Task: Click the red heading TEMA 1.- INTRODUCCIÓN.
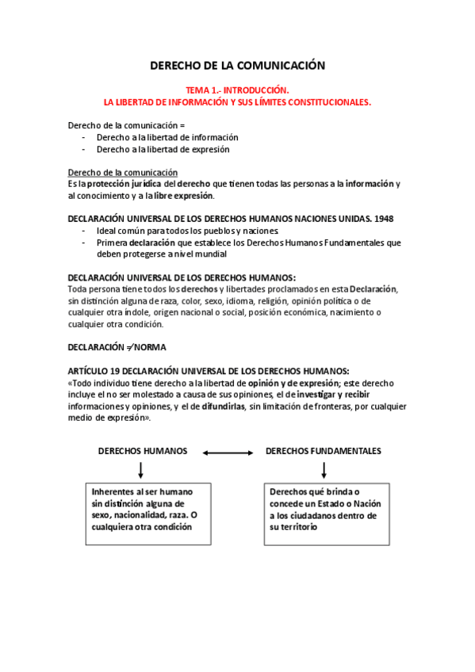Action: click(237, 91)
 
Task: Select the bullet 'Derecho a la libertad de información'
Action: click(167, 137)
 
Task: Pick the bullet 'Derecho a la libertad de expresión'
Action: click(163, 149)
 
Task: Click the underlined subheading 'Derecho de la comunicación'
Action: click(122, 172)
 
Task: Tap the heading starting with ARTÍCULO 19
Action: click(209, 370)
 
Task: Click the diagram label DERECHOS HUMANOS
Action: click(143, 451)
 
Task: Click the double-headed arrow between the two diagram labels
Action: click(227, 452)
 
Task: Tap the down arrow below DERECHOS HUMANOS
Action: click(140, 471)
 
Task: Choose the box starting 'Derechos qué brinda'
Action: click(325, 513)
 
